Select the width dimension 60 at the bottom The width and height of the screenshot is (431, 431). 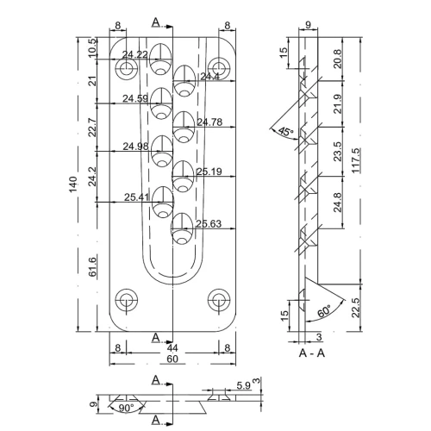[x=172, y=359]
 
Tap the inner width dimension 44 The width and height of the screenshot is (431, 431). [x=172, y=348]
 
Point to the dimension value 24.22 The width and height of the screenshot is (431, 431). [x=135, y=55]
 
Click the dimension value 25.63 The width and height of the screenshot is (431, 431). [x=209, y=224]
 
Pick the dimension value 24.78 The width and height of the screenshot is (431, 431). [x=210, y=122]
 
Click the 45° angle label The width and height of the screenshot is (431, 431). [x=286, y=131]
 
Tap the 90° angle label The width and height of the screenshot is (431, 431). [x=128, y=407]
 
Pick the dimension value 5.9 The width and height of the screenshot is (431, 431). [x=243, y=385]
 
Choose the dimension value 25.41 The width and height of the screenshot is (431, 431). [x=136, y=197]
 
